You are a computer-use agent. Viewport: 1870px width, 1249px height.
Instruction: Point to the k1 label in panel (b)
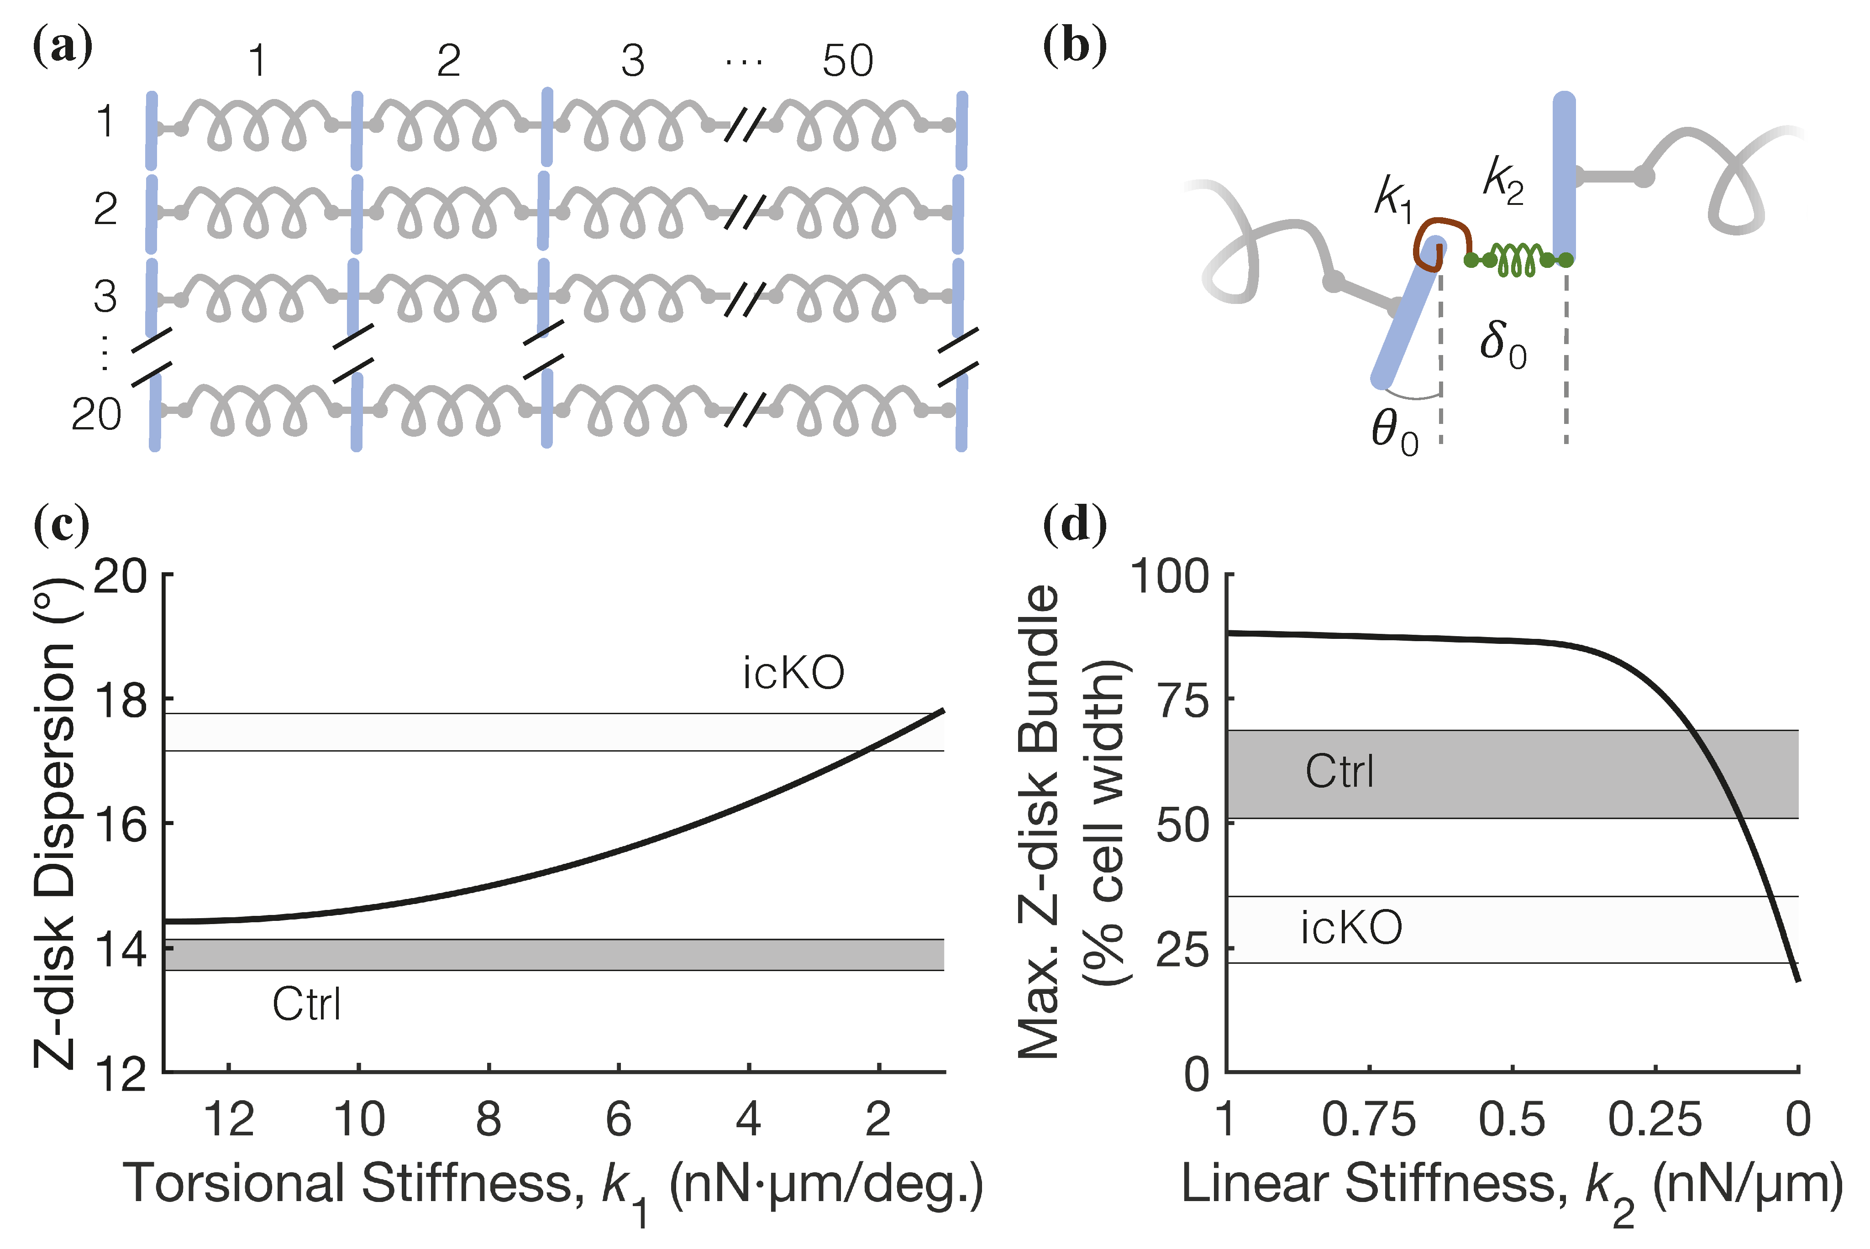1393,196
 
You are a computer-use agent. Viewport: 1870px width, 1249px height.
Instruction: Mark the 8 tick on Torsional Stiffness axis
489,1119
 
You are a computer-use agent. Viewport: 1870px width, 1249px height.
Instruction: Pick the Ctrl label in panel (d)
1339,771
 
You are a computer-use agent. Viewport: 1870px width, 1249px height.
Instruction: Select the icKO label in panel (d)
1351,928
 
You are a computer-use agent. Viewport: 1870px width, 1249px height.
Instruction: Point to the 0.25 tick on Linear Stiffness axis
1655,1119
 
